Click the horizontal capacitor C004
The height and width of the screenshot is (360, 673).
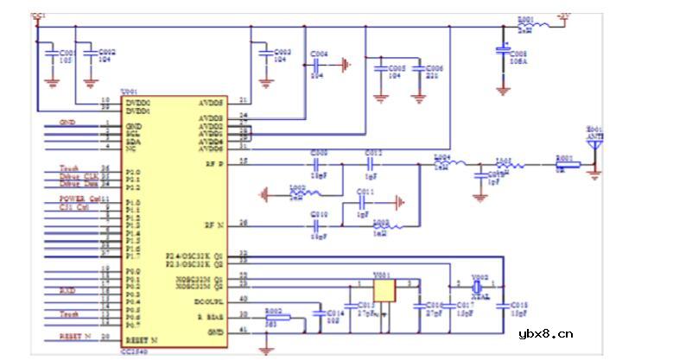pos(318,64)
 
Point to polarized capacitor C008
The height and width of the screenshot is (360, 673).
pos(503,53)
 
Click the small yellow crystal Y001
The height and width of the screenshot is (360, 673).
pos(382,290)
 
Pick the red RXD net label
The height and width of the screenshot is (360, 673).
pos(67,291)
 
